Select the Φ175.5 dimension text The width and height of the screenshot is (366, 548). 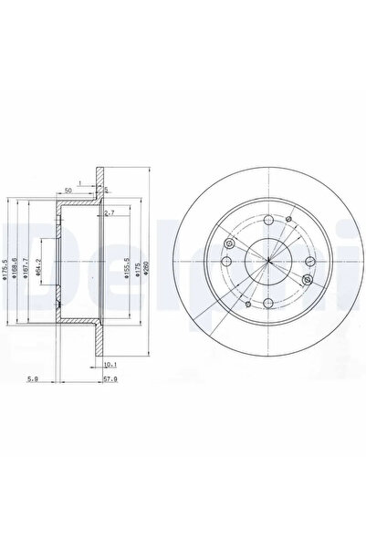pos(5,265)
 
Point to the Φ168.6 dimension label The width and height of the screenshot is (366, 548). pos(17,265)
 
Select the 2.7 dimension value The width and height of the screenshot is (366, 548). pos(110,212)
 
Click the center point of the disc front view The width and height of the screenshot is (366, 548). pos(268,263)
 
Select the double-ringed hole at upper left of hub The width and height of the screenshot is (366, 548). pos(229,243)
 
